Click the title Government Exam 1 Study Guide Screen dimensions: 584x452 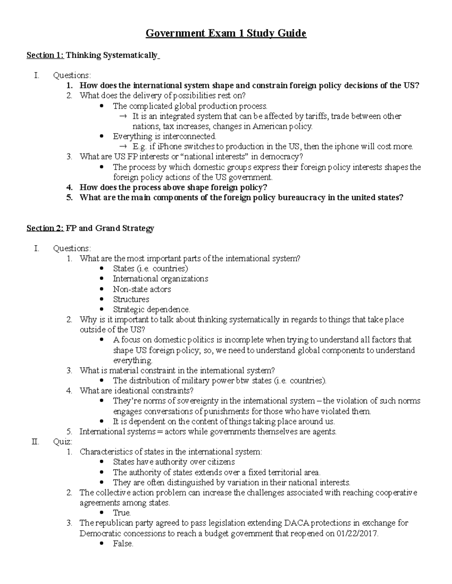pos(226,33)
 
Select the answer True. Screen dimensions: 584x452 pos(122,513)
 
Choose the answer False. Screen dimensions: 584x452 pos(123,544)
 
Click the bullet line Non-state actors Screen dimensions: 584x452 pos(142,289)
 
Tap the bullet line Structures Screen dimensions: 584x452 pos(131,299)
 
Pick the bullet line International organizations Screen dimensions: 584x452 pos(160,279)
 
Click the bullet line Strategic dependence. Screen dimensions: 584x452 pos(151,309)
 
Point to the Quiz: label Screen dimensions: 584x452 pos(63,442)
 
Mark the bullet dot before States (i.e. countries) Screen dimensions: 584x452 pos(102,269)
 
